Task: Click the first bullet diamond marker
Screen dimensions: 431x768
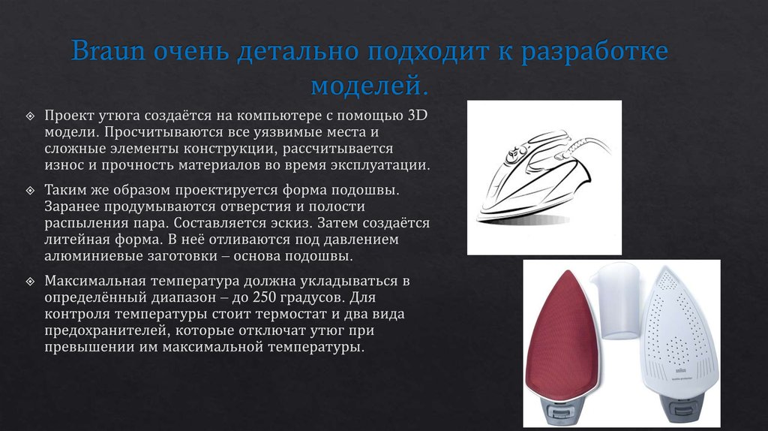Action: click(30, 116)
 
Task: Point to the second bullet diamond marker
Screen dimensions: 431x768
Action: click(30, 191)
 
